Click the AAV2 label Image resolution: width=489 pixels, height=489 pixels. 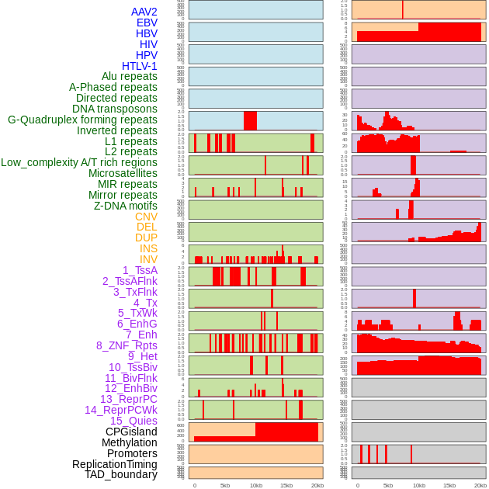(144, 12)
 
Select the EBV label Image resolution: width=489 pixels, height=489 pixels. (147, 23)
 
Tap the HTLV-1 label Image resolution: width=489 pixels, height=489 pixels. (139, 66)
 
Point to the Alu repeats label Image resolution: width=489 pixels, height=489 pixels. (129, 76)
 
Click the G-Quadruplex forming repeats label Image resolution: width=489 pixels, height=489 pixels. (82, 120)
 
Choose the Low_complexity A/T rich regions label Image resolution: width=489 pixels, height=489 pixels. (79, 162)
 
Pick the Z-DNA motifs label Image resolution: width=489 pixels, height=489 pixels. (125, 206)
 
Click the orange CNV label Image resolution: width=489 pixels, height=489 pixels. (146, 217)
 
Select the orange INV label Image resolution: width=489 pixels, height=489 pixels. (148, 259)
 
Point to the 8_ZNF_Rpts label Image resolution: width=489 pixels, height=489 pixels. (127, 345)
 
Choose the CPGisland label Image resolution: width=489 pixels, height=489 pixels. (131, 432)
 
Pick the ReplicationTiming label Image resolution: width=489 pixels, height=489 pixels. (114, 464)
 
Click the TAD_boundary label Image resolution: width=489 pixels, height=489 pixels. (120, 474)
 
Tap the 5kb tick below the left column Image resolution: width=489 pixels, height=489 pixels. (225, 485)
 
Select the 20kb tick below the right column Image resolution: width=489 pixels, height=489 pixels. (480, 485)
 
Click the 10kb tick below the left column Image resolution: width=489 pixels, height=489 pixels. (255, 485)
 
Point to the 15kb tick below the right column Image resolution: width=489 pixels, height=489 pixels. (449, 485)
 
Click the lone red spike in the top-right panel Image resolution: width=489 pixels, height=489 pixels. (402, 9)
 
